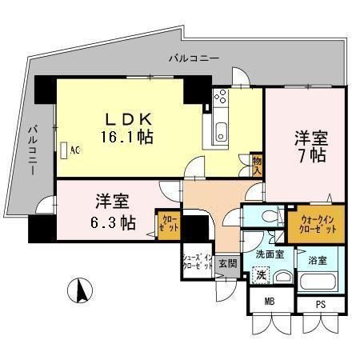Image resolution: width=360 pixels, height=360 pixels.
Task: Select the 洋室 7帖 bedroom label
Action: coord(307,144)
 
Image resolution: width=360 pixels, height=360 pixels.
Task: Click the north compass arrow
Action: coord(80,290)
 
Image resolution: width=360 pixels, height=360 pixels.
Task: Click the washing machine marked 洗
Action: coord(261,274)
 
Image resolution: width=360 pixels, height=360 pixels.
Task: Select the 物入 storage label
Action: coord(257,166)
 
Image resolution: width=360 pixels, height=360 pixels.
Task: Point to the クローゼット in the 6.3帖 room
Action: coord(169,222)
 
